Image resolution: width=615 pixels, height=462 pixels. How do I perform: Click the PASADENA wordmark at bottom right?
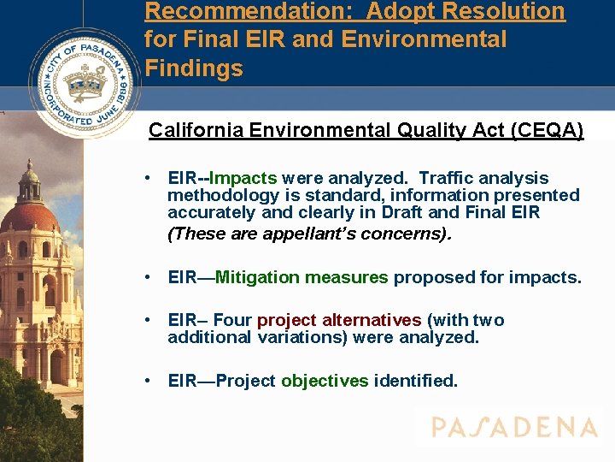pos(513,427)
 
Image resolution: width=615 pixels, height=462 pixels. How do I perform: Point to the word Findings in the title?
pos(194,68)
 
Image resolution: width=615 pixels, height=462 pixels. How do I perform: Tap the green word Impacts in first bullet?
pos(243,179)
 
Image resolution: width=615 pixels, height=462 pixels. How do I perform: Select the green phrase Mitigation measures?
pos(302,277)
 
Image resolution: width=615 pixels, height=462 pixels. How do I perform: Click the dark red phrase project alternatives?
pos(339,320)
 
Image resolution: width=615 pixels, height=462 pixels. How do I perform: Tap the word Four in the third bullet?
pos(232,320)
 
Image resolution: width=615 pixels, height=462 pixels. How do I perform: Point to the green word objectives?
pos(325,381)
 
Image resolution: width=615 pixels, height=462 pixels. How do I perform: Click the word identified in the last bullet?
pos(416,381)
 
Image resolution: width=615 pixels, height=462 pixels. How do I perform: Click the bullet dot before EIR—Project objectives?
pos(149,381)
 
